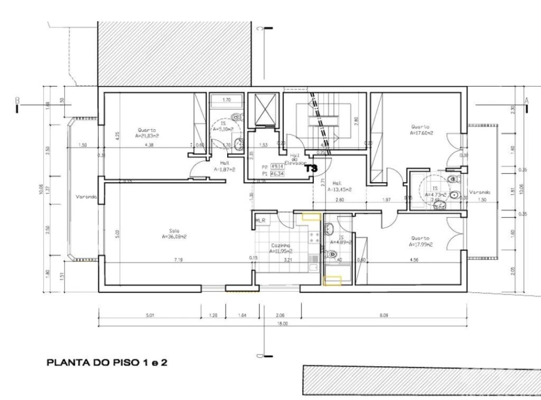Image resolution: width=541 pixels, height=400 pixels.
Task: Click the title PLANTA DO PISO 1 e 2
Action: [x=107, y=362]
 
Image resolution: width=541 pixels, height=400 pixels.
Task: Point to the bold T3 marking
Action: [x=311, y=168]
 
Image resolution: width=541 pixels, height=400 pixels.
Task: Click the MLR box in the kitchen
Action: [x=261, y=221]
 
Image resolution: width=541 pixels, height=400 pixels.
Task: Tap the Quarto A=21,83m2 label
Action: [x=147, y=132]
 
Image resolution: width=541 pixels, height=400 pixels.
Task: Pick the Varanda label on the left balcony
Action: [x=87, y=197]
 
